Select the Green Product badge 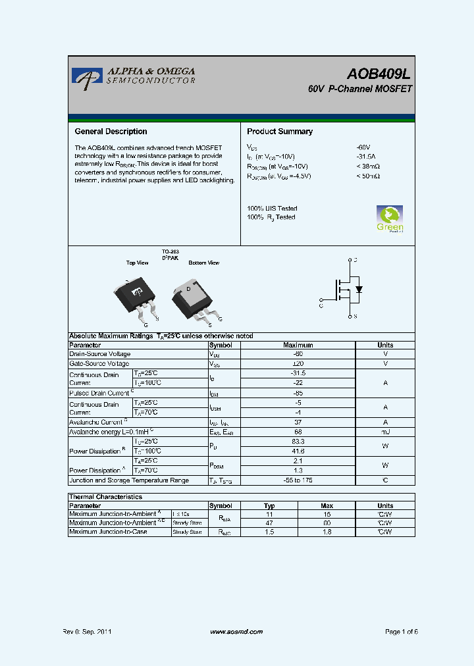click(390, 218)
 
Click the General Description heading click(111, 132)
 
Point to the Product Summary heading click(280, 132)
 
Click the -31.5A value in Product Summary click(365, 157)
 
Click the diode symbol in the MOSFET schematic click(359, 290)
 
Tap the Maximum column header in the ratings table click(298, 345)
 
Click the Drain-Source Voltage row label click(100, 354)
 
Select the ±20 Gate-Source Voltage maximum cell click(298, 363)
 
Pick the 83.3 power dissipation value click(298, 442)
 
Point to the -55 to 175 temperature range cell click(298, 480)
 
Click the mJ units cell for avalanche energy click(385, 432)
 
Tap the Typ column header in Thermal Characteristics click(269, 506)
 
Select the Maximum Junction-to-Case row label click(108, 532)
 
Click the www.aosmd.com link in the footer click(236, 632)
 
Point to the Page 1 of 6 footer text click(401, 632)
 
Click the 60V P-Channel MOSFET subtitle click(359, 89)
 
